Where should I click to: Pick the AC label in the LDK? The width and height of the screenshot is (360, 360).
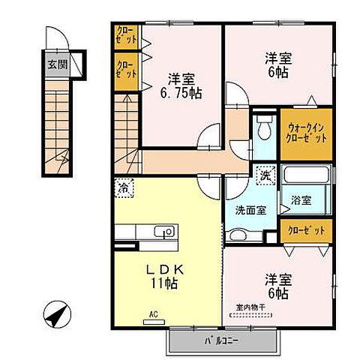(x=153, y=316)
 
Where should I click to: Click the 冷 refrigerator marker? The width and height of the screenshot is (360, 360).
(x=122, y=185)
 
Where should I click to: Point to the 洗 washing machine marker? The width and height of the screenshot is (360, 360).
(x=265, y=176)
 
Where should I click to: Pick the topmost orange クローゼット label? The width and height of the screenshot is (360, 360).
(x=124, y=34)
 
